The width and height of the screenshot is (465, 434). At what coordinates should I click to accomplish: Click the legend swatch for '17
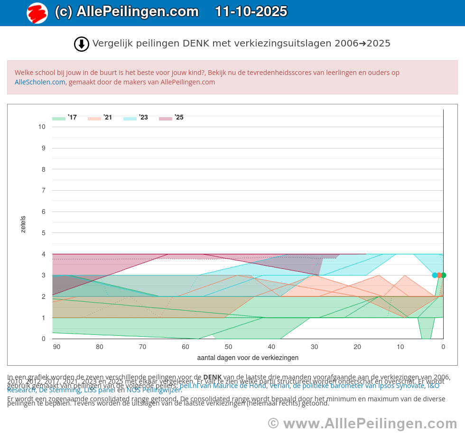tap(59, 118)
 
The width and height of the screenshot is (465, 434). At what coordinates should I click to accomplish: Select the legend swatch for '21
tap(94, 118)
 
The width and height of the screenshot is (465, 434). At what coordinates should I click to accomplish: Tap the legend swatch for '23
tap(130, 118)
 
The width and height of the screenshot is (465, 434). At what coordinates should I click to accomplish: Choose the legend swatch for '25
tap(166, 118)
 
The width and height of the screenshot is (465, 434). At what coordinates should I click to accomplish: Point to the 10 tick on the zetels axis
tap(42, 127)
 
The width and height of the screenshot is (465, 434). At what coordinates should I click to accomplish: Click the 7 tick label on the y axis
tap(44, 191)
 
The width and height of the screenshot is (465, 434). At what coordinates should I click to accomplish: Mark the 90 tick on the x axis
tap(56, 347)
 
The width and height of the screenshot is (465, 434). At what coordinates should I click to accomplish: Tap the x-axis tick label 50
tap(229, 347)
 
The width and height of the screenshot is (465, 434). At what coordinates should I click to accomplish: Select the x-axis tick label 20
tap(357, 347)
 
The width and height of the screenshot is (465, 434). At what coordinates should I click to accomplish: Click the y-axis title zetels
tap(23, 224)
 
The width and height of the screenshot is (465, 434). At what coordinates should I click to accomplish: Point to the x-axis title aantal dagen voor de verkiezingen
tap(248, 358)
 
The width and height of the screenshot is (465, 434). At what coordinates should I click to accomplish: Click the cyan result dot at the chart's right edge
tap(435, 275)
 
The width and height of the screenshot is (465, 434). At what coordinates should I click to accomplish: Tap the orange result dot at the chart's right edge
tap(439, 275)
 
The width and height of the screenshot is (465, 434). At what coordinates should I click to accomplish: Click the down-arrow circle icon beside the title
tap(82, 44)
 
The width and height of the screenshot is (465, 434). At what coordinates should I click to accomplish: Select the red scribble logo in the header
tap(37, 13)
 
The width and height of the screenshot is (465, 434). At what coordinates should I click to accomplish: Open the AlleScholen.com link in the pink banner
tap(40, 82)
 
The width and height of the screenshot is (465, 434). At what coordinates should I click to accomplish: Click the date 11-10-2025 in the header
tap(251, 11)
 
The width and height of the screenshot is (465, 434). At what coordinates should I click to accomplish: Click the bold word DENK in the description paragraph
tap(212, 378)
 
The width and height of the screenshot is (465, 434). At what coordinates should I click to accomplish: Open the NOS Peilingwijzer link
tap(153, 390)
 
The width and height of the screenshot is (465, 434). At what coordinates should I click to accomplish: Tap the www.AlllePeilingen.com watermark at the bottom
tap(362, 423)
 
